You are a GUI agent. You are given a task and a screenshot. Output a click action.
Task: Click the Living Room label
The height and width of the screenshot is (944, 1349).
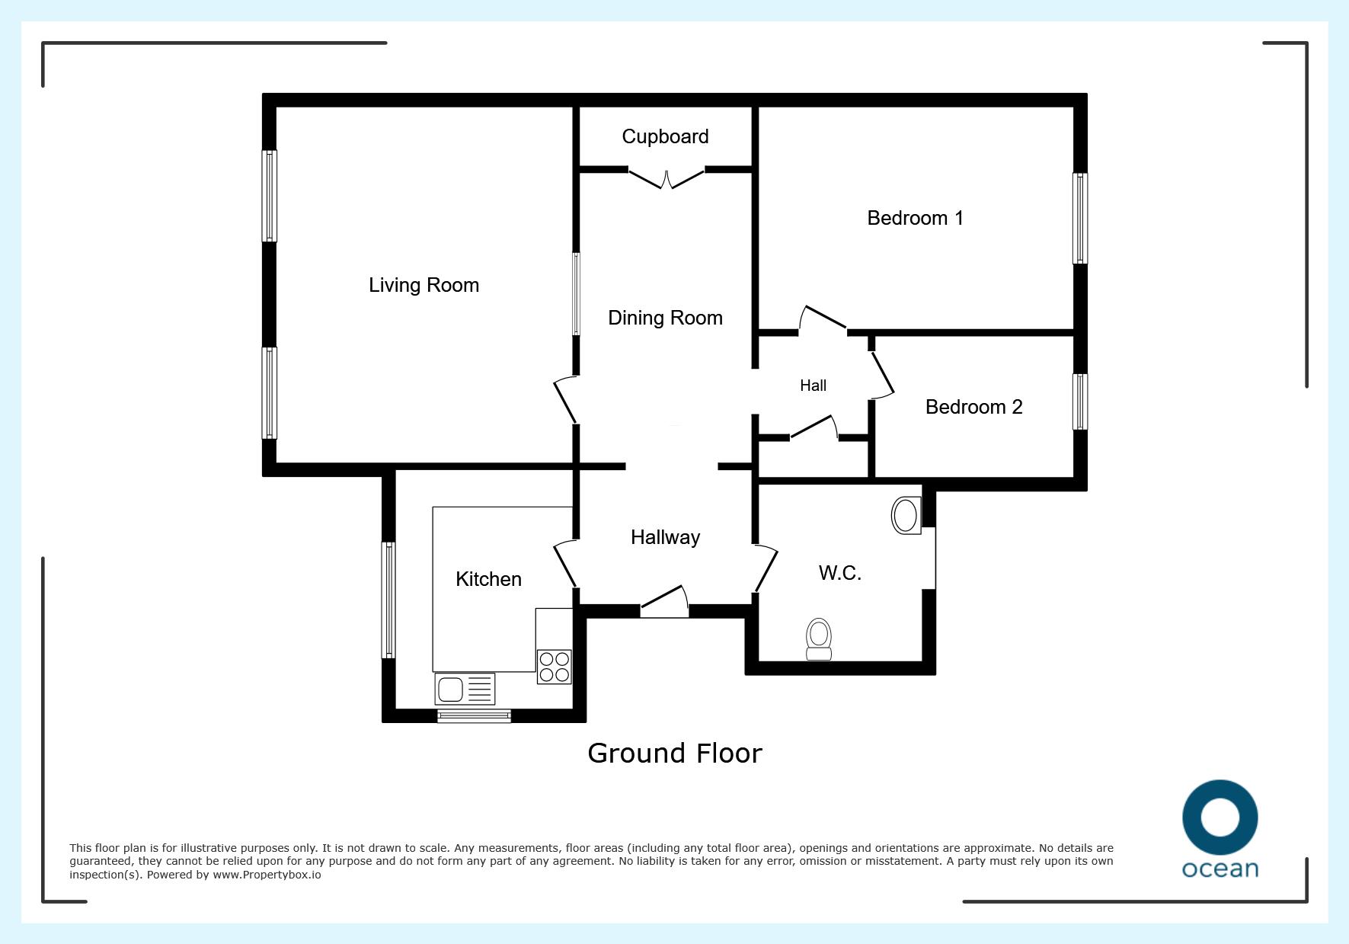point(424,286)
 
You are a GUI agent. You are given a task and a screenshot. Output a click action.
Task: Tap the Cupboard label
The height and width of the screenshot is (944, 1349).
point(665,137)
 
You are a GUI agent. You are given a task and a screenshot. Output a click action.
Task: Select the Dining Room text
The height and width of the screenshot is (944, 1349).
point(665,318)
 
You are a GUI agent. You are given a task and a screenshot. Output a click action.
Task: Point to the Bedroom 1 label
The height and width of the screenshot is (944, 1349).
point(915,218)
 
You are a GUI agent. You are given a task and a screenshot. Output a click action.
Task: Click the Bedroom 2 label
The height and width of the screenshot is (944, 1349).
point(973,407)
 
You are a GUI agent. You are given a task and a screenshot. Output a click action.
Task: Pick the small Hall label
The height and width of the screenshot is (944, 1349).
point(813,386)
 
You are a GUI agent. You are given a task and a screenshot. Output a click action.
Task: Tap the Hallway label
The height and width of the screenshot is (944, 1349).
point(665,538)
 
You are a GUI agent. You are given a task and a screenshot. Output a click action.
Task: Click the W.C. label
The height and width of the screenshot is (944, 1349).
point(839,573)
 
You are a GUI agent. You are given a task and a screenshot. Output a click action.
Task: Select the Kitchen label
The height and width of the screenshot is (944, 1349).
point(488,579)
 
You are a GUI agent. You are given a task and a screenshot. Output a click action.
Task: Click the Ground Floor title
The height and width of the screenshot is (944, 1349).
point(675,754)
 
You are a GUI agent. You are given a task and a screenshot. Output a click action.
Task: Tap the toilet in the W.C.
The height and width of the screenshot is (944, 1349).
point(819,638)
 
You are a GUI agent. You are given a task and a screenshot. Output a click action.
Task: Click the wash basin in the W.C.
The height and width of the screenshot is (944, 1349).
point(906,516)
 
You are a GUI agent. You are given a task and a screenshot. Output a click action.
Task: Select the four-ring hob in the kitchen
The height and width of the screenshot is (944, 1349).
point(554,667)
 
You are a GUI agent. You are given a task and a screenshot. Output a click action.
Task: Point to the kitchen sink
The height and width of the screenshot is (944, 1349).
point(465,689)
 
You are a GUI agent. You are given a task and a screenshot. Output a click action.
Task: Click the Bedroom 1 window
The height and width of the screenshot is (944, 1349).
point(1080,219)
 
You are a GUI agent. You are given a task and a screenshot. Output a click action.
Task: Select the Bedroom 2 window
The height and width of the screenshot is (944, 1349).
point(1080,402)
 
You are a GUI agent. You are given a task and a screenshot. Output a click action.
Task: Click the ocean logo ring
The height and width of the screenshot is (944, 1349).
point(1220,818)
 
